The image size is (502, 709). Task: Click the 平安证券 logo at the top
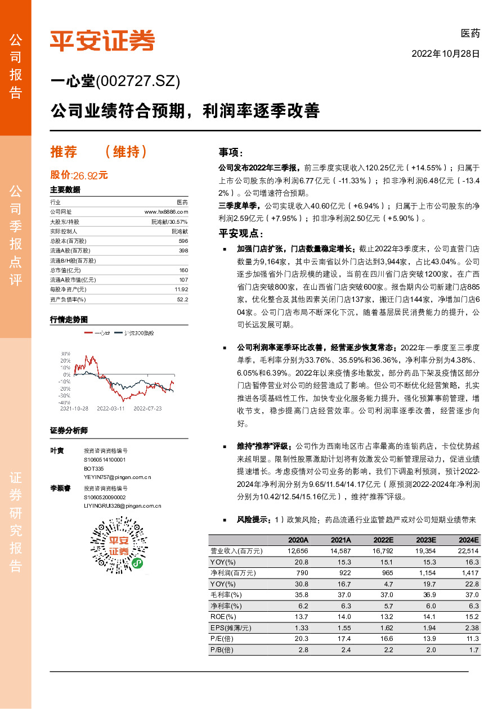coord(102,40)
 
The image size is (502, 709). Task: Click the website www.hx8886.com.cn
coord(166,211)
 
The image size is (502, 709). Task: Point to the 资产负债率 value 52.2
coord(182,299)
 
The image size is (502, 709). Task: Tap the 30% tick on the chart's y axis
coord(66,353)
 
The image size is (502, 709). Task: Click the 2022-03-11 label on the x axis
coord(110,409)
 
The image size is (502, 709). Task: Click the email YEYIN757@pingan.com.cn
coord(118,477)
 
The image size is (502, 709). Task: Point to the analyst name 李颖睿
coord(60,488)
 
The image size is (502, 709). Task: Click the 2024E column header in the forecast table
coord(468,540)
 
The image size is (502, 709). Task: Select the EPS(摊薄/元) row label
coord(231,627)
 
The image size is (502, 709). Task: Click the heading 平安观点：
coord(241,234)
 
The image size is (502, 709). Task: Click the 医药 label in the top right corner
coord(470,33)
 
